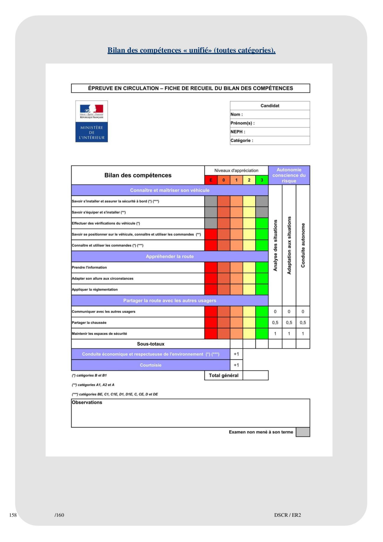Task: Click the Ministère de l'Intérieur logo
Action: point(92,121)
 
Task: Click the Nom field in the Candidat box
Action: point(276,114)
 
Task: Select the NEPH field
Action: point(276,132)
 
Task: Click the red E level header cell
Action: point(211,180)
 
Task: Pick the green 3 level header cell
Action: point(262,180)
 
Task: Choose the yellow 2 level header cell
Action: point(249,180)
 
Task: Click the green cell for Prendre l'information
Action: point(262,267)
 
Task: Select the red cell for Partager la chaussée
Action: point(211,322)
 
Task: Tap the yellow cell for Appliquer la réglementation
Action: point(249,289)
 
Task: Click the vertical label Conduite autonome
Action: point(303,245)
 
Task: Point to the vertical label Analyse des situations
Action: point(275,245)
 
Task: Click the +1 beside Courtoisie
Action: point(236,365)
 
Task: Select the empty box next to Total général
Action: point(255,375)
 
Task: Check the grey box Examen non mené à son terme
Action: point(303,432)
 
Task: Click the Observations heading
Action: point(87,402)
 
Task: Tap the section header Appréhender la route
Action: point(170,257)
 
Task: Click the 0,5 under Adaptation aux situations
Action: point(289,322)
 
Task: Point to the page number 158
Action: point(13,515)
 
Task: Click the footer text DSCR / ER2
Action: point(287,515)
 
